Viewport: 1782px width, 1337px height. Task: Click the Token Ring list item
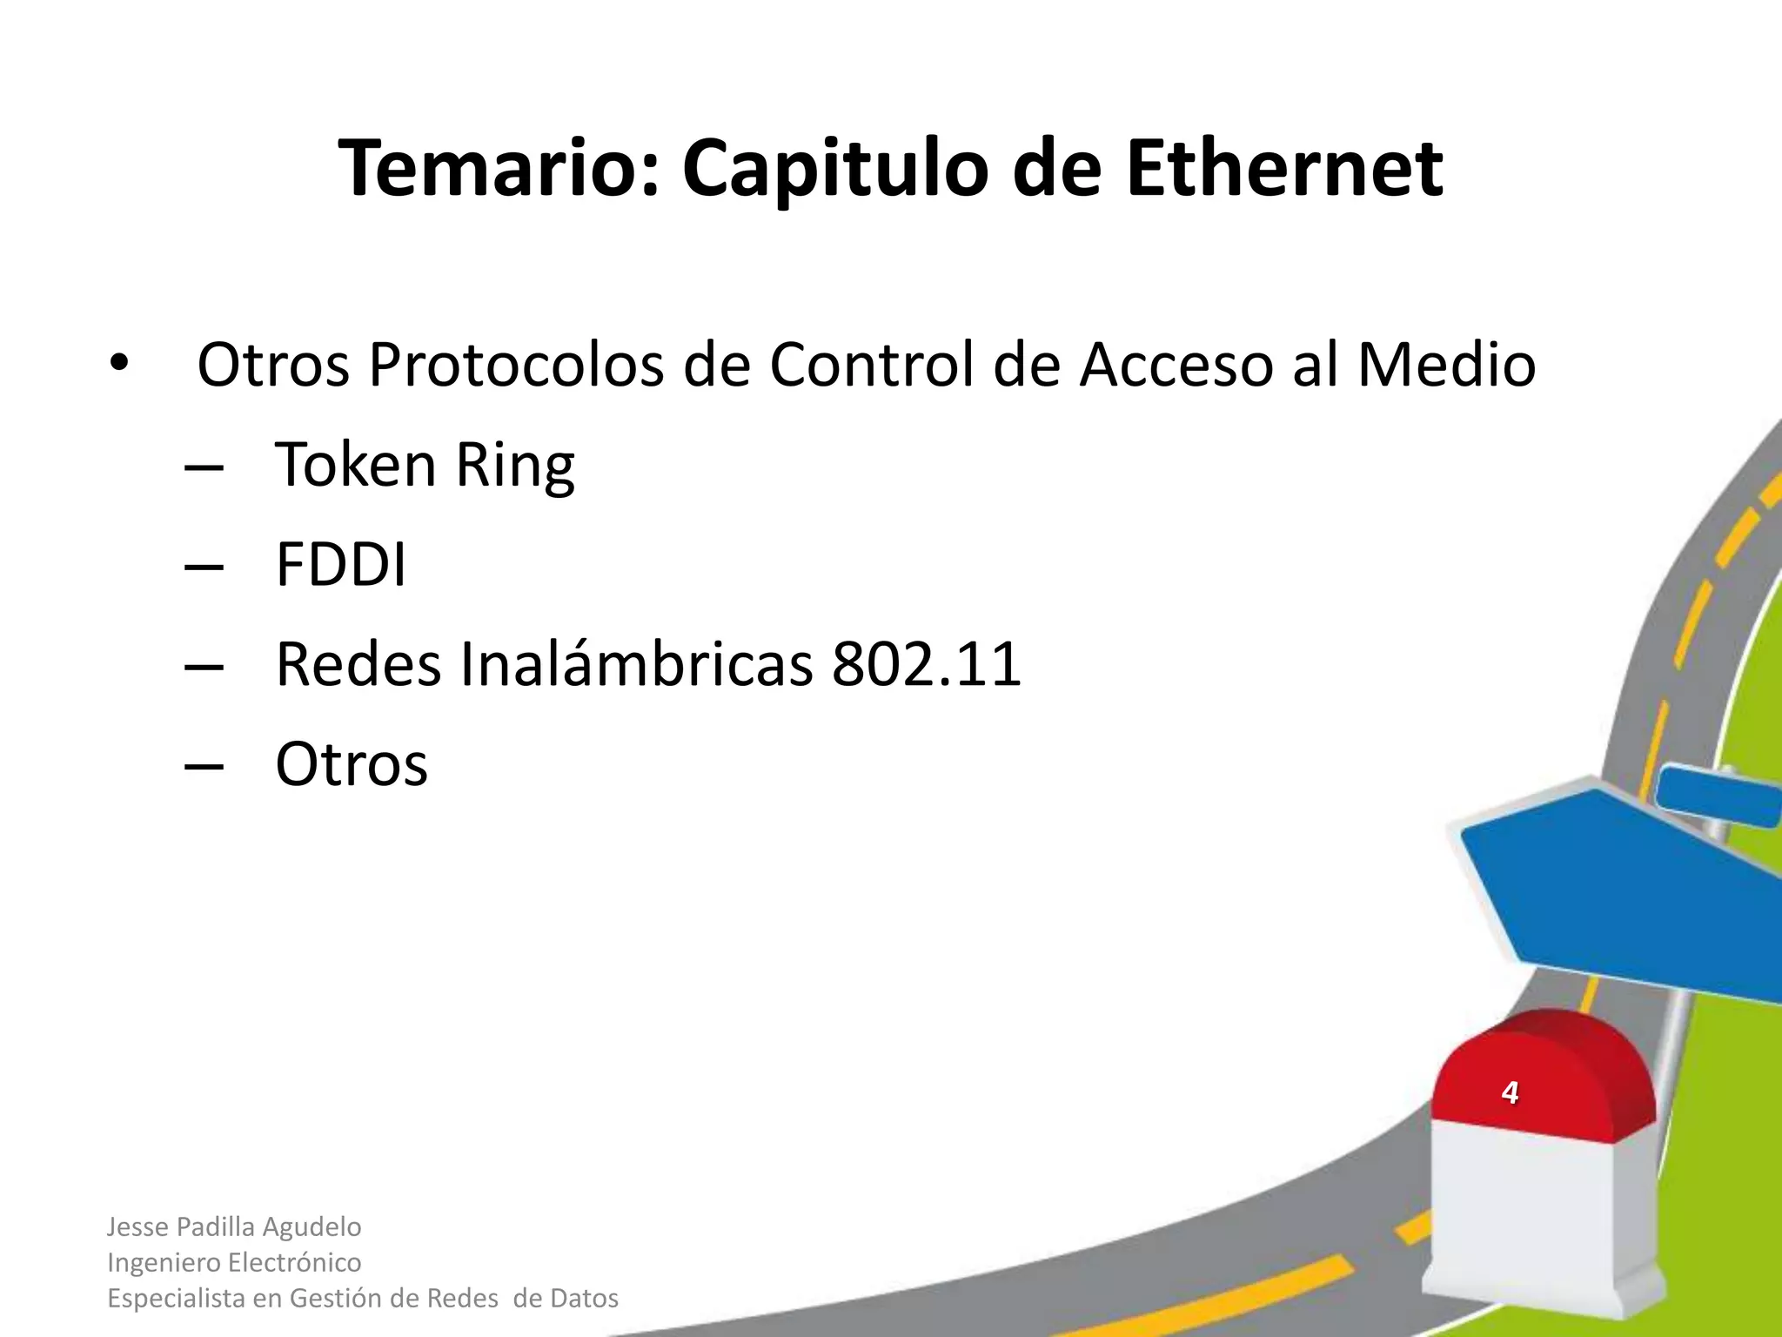pyautogui.click(x=425, y=465)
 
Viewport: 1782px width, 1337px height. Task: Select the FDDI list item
pyautogui.click(x=340, y=565)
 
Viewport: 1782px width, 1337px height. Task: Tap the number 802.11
pyautogui.click(x=926, y=665)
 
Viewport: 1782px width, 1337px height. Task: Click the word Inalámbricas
pyautogui.click(x=636, y=665)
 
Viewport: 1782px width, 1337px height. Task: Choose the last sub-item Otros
pyautogui.click(x=352, y=764)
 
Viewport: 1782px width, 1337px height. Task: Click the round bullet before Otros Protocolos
pyautogui.click(x=118, y=364)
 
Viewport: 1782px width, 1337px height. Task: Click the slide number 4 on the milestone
pyautogui.click(x=1510, y=1092)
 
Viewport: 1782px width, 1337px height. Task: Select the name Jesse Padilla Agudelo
pyautogui.click(x=234, y=1226)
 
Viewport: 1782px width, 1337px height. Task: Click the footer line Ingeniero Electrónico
pyautogui.click(x=234, y=1262)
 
